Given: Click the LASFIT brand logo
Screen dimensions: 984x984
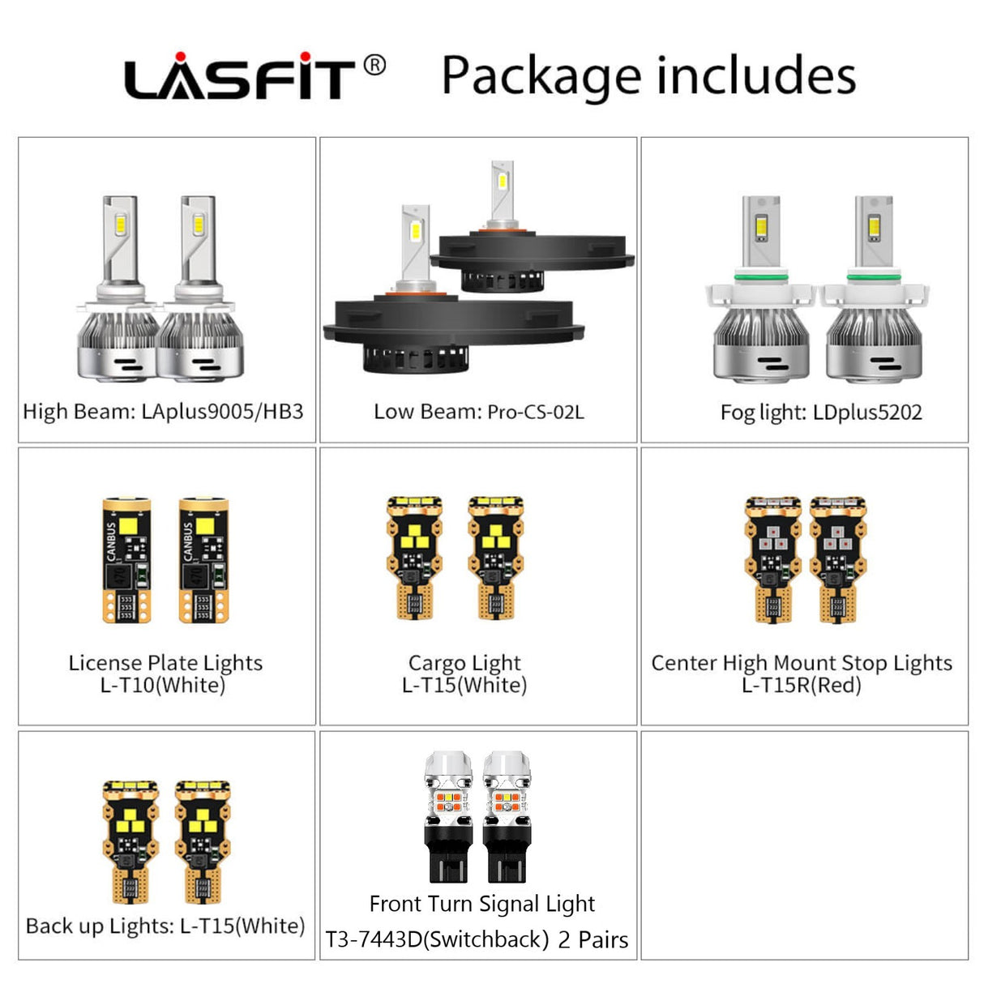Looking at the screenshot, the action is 239,75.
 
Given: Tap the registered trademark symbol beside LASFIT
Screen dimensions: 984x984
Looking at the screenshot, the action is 374,66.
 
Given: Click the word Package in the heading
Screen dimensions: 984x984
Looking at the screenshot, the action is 541,76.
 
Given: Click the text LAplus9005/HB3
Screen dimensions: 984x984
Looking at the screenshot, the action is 222,411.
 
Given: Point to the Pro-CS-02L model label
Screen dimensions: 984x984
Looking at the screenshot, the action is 536,412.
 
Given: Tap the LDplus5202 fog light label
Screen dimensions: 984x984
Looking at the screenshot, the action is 867,412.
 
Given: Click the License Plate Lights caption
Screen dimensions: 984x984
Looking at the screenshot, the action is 166,662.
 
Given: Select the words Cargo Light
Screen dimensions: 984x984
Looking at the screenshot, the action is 464,663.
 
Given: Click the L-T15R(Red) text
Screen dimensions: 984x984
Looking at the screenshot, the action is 801,685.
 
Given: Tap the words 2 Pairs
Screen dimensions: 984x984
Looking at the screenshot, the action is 593,939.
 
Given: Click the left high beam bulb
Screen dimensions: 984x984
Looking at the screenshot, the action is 118,289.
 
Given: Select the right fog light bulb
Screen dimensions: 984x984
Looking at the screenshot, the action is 874,289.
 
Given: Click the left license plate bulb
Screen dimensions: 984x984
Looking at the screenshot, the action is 126,560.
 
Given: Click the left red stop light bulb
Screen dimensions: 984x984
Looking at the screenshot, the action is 773,559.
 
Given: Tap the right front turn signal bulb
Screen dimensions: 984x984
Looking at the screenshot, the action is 507,816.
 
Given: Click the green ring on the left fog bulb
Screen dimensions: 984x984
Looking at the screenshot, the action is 760,277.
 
